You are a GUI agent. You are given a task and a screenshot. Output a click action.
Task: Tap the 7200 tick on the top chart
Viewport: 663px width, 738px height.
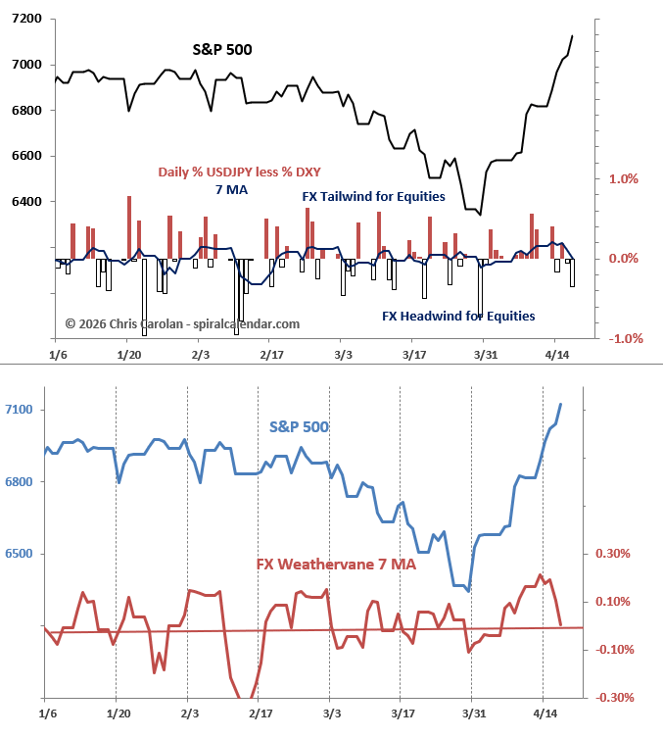[25, 20]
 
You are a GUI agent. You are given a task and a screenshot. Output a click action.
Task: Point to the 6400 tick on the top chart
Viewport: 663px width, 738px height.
[25, 202]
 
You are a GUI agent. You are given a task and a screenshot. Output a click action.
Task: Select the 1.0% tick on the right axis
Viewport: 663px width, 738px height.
[624, 179]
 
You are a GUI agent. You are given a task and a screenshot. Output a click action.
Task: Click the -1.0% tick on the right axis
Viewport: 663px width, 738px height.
[622, 339]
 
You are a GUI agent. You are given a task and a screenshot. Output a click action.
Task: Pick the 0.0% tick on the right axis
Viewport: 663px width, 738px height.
[624, 259]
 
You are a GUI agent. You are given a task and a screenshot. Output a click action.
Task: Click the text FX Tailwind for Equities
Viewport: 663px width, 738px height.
[373, 197]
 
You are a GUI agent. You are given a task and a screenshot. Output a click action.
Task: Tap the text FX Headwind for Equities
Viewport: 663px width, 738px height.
[458, 317]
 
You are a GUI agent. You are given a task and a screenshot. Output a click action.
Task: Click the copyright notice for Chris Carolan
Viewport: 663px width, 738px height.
[182, 323]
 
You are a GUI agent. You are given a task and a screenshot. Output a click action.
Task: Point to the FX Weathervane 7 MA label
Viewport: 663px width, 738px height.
[336, 565]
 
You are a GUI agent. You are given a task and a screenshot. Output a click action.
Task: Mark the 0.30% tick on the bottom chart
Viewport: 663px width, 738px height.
[612, 554]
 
